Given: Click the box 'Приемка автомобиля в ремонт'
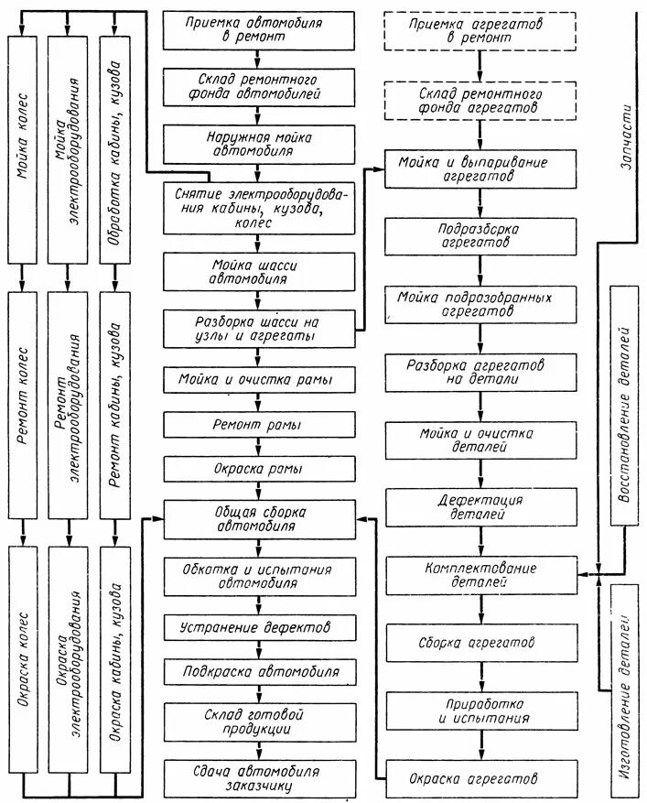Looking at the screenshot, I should [x=259, y=29].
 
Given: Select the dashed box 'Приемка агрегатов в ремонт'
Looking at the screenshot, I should [x=480, y=29].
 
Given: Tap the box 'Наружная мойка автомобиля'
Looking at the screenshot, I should [x=259, y=143].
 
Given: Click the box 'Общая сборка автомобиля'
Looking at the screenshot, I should [x=259, y=519].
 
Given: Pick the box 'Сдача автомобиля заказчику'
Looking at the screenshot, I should [x=259, y=778].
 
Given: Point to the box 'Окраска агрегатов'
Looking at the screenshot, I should [x=480, y=778].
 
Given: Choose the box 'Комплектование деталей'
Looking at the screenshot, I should [x=480, y=574].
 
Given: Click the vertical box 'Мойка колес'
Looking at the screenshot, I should [x=23, y=146].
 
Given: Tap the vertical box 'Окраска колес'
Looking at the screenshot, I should [x=23, y=657].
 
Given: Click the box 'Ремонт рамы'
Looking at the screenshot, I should [x=259, y=424].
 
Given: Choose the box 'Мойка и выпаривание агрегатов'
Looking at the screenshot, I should [x=480, y=168].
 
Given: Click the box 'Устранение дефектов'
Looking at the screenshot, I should [x=259, y=628].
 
